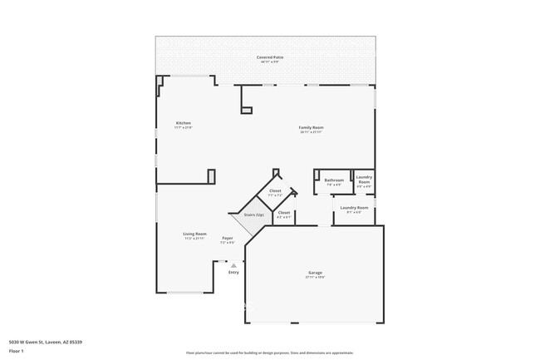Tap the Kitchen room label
point(183,123)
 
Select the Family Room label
point(312,127)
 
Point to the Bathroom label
point(334,180)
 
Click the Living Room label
point(195,234)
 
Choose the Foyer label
point(227,239)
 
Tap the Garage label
point(315,272)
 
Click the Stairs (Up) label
point(254,215)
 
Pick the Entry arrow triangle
point(233,266)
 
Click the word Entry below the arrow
point(233,272)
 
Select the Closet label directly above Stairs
point(275,190)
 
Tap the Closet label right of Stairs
point(284,212)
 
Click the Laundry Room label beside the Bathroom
point(364,179)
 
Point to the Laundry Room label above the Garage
point(354,207)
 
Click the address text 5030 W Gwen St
point(46,342)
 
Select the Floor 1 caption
point(17,351)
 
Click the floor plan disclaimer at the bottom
point(270,353)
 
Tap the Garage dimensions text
point(315,277)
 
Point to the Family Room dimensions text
point(312,132)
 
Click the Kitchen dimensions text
point(183,128)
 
